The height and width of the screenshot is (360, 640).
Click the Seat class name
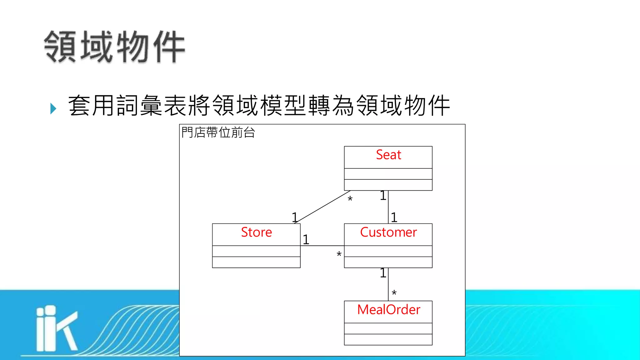coord(388,155)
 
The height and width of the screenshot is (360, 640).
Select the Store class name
coord(256,232)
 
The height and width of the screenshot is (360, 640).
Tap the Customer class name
coord(388,232)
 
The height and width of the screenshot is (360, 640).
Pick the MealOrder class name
coord(388,310)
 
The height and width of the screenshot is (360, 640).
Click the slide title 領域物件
coord(115,47)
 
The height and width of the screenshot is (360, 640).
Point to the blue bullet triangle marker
coord(53,108)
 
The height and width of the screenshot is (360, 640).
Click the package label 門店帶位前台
coord(218,132)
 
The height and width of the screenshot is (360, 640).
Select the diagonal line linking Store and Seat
coord(322,207)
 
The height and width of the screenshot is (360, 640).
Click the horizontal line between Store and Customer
coord(322,246)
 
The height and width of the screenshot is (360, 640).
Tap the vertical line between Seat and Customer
coord(388,207)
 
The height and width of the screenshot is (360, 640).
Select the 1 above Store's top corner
coord(294,217)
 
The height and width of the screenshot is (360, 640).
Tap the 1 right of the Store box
coord(306,240)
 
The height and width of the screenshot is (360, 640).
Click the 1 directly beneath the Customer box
coord(383,273)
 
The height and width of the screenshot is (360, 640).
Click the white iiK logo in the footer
coord(56,328)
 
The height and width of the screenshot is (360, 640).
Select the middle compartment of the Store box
coord(256,251)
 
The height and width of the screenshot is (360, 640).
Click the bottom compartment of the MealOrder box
coord(388,340)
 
